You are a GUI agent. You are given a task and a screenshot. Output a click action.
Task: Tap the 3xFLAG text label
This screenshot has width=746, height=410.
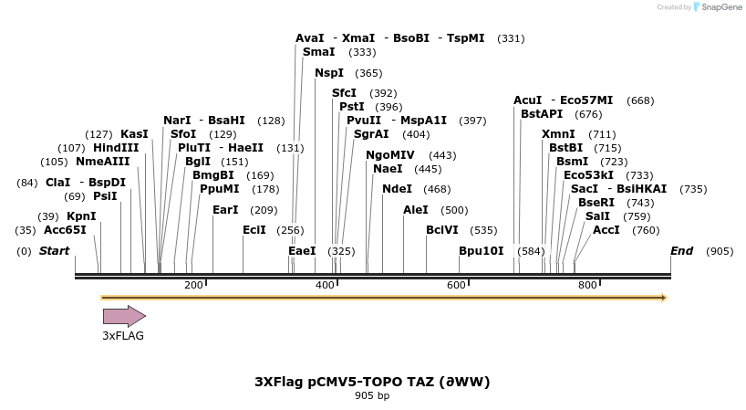click(x=123, y=336)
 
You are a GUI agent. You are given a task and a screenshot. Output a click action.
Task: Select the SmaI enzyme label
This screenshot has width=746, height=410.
click(x=319, y=52)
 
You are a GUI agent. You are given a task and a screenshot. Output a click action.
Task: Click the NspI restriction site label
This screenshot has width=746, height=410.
click(x=329, y=73)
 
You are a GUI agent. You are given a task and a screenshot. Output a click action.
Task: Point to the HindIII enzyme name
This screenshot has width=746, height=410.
click(x=116, y=147)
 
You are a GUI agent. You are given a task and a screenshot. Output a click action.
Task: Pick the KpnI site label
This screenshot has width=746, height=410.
click(x=81, y=216)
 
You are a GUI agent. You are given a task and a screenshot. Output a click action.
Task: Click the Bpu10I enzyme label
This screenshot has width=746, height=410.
click(x=481, y=250)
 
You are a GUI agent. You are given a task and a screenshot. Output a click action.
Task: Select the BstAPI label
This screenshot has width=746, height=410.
click(x=542, y=114)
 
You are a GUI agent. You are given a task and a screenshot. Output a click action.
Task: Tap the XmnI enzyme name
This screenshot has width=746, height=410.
click(x=558, y=134)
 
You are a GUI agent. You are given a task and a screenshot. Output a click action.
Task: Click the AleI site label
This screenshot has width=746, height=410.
click(x=415, y=209)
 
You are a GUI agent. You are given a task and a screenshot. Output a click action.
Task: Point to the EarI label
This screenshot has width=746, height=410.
click(x=225, y=209)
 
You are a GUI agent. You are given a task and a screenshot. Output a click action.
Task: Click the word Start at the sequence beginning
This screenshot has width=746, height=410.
click(x=54, y=251)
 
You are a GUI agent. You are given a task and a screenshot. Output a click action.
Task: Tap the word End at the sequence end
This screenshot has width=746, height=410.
click(x=681, y=250)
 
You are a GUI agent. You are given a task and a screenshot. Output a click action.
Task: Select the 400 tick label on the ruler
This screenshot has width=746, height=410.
click(x=325, y=286)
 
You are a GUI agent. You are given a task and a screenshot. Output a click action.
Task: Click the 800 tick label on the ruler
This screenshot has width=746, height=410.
click(x=587, y=286)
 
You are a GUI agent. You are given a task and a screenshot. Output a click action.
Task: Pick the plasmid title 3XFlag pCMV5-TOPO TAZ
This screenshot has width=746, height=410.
click(x=372, y=382)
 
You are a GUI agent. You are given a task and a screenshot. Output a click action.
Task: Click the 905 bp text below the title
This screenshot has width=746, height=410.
click(x=372, y=396)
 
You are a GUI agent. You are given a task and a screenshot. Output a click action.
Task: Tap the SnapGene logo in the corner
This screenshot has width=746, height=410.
click(x=718, y=7)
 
